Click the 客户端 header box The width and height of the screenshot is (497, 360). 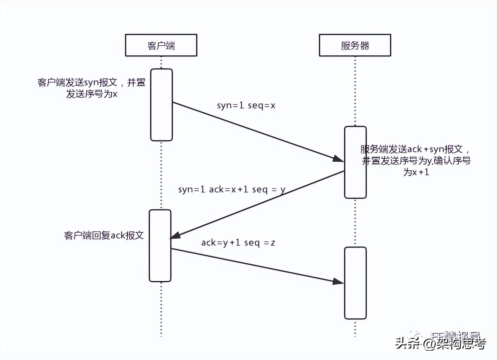coord(161,45)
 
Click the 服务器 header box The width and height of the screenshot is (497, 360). coord(355,45)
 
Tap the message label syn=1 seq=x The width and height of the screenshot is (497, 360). coord(246,106)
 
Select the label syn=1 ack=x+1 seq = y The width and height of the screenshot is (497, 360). coord(232,189)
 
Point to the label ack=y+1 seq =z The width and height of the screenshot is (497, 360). coord(238,243)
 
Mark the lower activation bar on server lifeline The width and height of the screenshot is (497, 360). coord(355,295)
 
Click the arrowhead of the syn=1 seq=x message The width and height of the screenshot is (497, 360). coord(339,159)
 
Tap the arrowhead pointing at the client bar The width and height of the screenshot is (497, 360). coord(175,235)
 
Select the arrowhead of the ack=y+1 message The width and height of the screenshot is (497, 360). coord(338,281)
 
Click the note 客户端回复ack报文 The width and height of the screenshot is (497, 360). coord(104,235)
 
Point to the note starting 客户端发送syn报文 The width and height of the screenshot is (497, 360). coord(92,83)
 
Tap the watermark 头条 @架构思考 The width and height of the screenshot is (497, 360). coord(441,343)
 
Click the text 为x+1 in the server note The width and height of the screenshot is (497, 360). coord(416,172)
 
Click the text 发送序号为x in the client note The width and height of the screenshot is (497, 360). coord(92,94)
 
